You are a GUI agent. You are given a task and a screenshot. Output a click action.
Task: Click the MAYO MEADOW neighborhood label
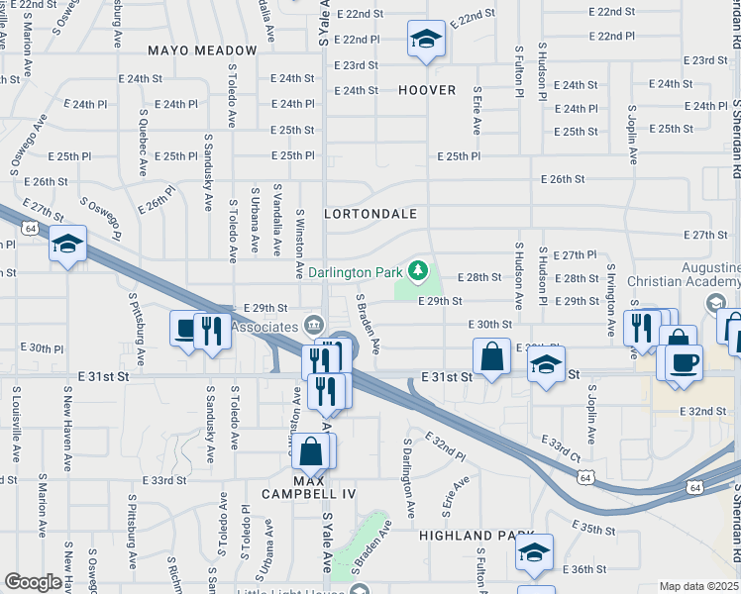(202, 49)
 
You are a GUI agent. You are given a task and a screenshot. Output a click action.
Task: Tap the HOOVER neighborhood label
(427, 90)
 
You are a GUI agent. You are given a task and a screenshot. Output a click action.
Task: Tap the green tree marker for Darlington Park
(419, 269)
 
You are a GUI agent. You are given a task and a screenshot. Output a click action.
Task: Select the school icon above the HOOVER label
(426, 40)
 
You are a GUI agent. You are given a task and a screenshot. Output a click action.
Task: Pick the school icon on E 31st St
(546, 364)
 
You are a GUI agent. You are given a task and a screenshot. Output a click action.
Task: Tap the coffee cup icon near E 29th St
(186, 330)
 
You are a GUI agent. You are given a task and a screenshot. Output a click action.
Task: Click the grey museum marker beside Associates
(313, 324)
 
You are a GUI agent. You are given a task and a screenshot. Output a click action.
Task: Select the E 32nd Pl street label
(445, 445)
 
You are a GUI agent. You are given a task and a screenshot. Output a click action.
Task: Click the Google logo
(32, 582)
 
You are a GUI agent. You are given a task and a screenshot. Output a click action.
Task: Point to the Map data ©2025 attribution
(699, 586)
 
